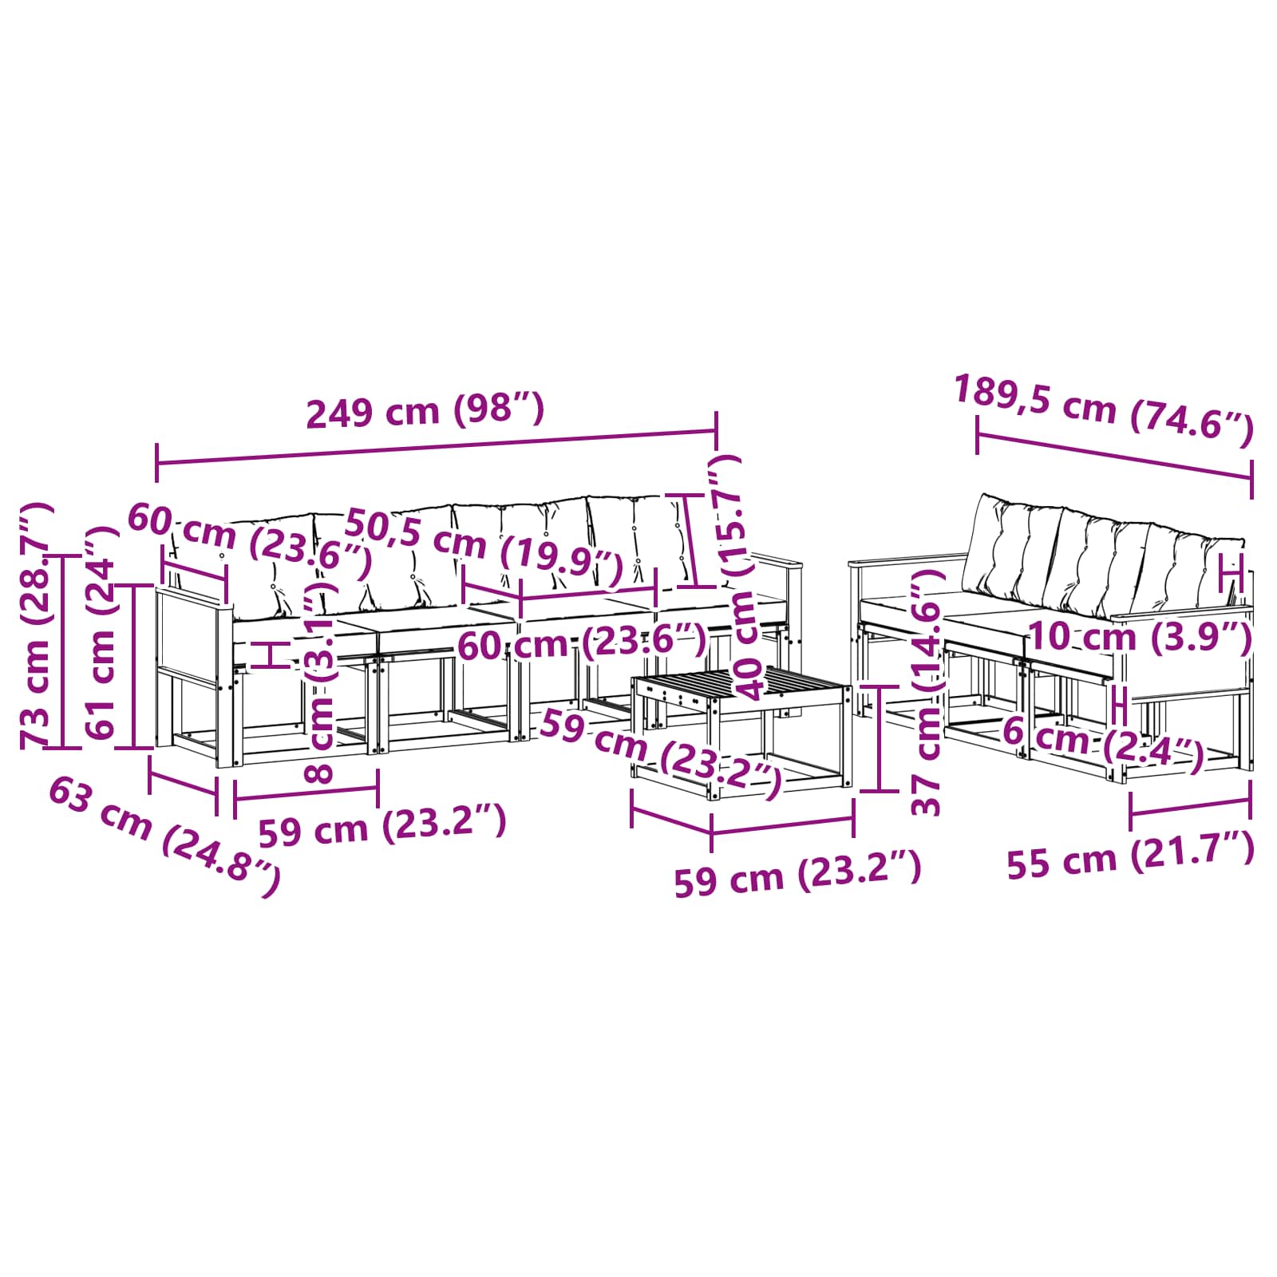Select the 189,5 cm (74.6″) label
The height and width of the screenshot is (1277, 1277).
(x=1104, y=410)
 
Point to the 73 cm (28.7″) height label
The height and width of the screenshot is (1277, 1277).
(x=37, y=626)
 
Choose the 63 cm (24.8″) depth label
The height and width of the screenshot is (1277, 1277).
(x=164, y=836)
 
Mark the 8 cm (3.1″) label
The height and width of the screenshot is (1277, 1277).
(x=320, y=678)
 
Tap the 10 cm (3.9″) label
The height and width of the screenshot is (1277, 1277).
(x=1140, y=637)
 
